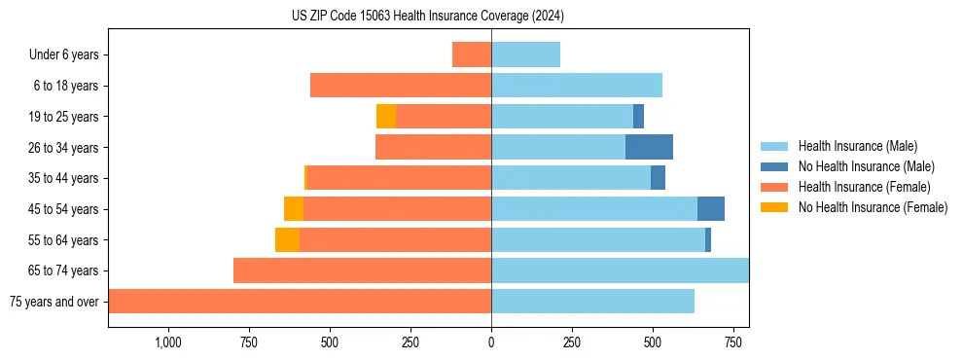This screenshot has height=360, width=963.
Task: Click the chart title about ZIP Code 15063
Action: click(x=428, y=17)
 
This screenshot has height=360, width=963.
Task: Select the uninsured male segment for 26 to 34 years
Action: click(x=649, y=147)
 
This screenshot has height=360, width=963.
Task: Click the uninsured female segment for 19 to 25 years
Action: click(x=386, y=117)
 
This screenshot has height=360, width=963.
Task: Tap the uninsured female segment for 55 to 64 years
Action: click(x=287, y=239)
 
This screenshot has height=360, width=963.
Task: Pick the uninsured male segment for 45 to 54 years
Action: click(x=711, y=209)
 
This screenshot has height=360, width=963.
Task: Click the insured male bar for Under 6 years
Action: click(x=525, y=54)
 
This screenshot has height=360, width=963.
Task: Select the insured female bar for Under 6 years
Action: click(x=472, y=54)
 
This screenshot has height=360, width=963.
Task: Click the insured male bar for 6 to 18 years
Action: click(x=577, y=86)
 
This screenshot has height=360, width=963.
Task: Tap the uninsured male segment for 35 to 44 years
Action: click(x=658, y=178)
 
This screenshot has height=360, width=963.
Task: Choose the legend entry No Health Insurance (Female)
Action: click(x=873, y=207)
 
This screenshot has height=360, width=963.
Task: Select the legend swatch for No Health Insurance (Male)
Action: click(x=775, y=166)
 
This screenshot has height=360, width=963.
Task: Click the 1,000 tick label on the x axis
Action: click(x=167, y=342)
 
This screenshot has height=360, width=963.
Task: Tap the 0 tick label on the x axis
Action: click(x=491, y=342)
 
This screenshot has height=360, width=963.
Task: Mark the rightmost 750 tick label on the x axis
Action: click(x=733, y=342)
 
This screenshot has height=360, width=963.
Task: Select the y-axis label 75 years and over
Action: click(x=54, y=302)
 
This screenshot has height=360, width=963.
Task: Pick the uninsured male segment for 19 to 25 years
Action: click(x=638, y=117)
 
